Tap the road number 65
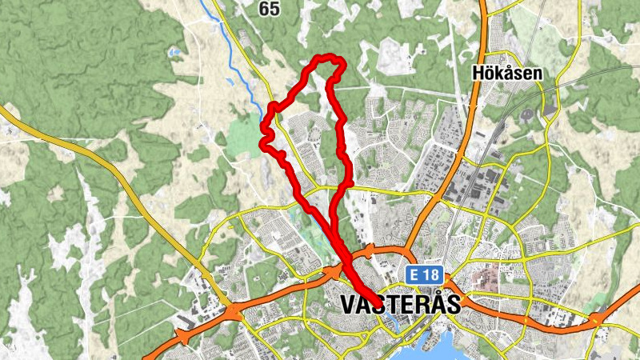coord(270,9)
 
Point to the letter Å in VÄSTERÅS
coord(430,303)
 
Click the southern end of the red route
coord(375,301)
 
